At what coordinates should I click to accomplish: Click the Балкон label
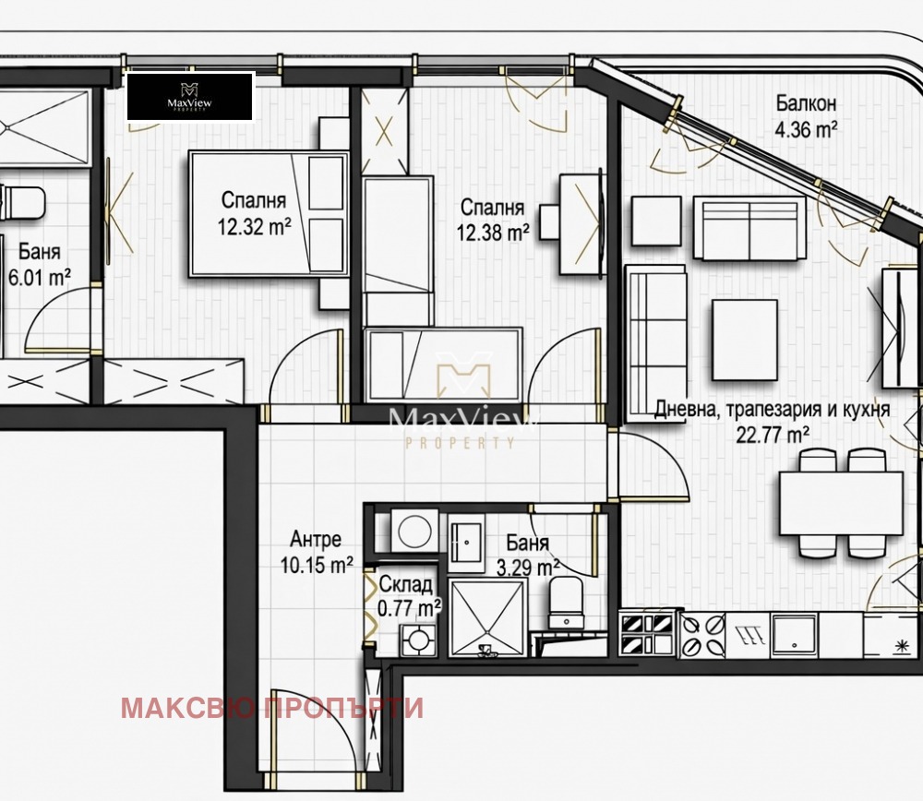[806, 103]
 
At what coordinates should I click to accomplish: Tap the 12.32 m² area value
[255, 227]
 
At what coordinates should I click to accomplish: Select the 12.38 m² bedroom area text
[493, 233]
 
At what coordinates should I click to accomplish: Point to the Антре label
[316, 539]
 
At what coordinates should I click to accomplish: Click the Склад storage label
[405, 584]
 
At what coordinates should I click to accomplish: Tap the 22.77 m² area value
[773, 436]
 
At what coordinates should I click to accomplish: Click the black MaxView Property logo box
[191, 97]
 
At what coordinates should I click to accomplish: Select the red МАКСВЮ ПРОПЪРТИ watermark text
[272, 708]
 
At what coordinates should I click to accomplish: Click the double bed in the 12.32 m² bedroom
[269, 214]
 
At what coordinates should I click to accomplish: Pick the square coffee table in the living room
[745, 341]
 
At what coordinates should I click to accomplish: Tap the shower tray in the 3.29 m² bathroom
[487, 617]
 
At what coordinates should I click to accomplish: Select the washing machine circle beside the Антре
[414, 532]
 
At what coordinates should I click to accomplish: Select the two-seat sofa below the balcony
[749, 228]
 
